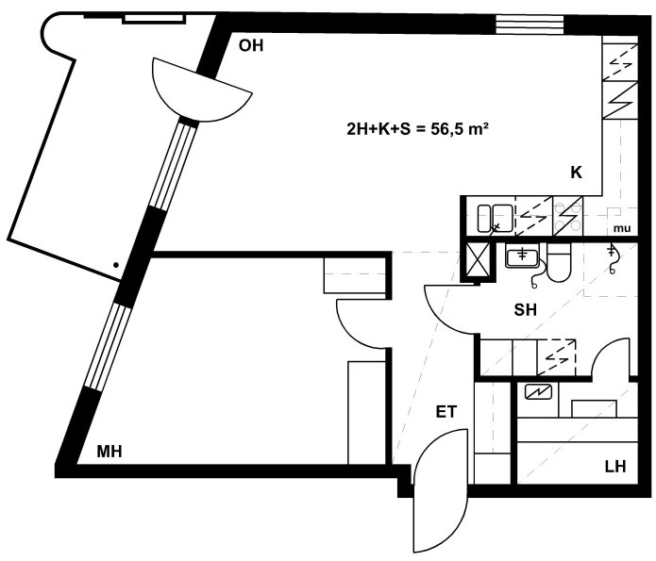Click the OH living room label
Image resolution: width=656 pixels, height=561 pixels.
point(251,45)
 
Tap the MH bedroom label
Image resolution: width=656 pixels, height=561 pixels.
point(109,452)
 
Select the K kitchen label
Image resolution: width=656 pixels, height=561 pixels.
point(576,173)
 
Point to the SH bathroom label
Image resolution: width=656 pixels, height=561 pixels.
point(525,310)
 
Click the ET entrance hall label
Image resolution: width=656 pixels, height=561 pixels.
point(446,412)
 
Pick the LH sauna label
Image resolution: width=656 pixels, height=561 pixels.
point(615,466)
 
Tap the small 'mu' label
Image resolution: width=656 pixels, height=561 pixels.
point(622,229)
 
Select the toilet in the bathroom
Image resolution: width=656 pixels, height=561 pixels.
point(559,262)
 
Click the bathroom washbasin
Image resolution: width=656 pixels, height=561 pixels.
point(523,256)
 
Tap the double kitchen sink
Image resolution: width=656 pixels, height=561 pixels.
point(496,218)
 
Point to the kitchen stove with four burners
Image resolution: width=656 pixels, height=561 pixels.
point(567,216)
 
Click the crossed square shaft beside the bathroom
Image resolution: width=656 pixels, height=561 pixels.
point(478,259)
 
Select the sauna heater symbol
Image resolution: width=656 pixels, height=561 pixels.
point(538,392)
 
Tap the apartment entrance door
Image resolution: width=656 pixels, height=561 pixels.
point(439,490)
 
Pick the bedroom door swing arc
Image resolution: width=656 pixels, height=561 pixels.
point(356,324)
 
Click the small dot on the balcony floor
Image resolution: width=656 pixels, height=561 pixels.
point(116,265)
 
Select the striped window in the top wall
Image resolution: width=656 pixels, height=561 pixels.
point(530,25)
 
